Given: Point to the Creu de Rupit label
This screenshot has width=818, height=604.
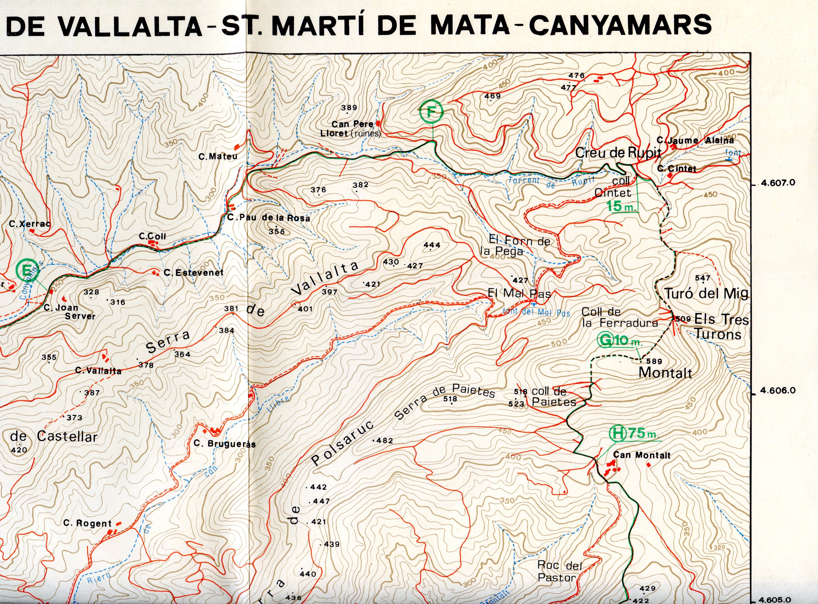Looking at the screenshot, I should click(618, 152).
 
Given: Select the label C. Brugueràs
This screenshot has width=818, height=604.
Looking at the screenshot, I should click(224, 444).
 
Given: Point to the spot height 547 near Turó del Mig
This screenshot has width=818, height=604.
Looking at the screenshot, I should click(703, 278).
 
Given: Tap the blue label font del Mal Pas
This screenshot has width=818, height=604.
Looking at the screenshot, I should click(536, 312).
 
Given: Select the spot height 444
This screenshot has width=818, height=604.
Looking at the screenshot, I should click(432, 245).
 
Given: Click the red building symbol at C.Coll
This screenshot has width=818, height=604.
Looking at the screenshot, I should click(153, 243).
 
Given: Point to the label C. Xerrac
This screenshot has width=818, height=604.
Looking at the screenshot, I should click(30, 224).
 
